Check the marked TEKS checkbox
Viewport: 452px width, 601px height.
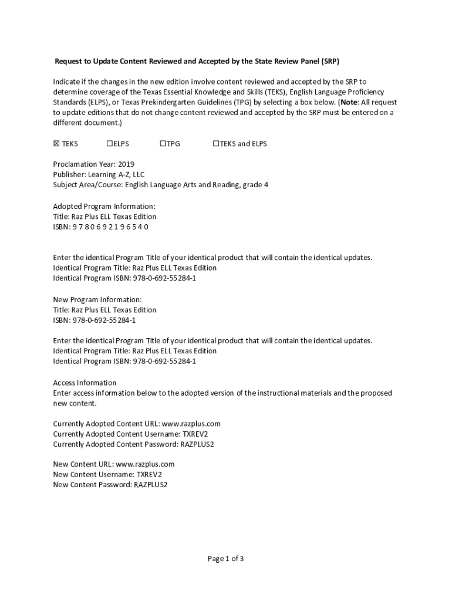pyautogui.click(x=56, y=144)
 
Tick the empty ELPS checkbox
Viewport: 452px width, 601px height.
pyautogui.click(x=110, y=144)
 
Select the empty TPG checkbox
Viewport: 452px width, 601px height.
pyautogui.click(x=163, y=144)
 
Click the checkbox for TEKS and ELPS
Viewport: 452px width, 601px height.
pyautogui.click(x=215, y=144)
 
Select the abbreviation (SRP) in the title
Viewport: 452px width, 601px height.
pyautogui.click(x=330, y=61)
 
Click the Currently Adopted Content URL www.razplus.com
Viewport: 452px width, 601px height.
pyautogui.click(x=191, y=423)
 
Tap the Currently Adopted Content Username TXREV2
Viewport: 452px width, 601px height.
pyautogui.click(x=195, y=434)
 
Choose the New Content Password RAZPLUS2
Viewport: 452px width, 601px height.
pyautogui.click(x=150, y=484)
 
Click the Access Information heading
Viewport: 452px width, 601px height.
pyautogui.click(x=85, y=383)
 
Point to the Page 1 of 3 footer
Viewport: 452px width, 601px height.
pyautogui.click(x=225, y=559)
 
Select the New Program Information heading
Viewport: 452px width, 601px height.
pyautogui.click(x=97, y=299)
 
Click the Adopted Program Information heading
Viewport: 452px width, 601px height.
pyautogui.click(x=104, y=206)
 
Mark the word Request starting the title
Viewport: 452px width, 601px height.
pyautogui.click(x=69, y=61)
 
